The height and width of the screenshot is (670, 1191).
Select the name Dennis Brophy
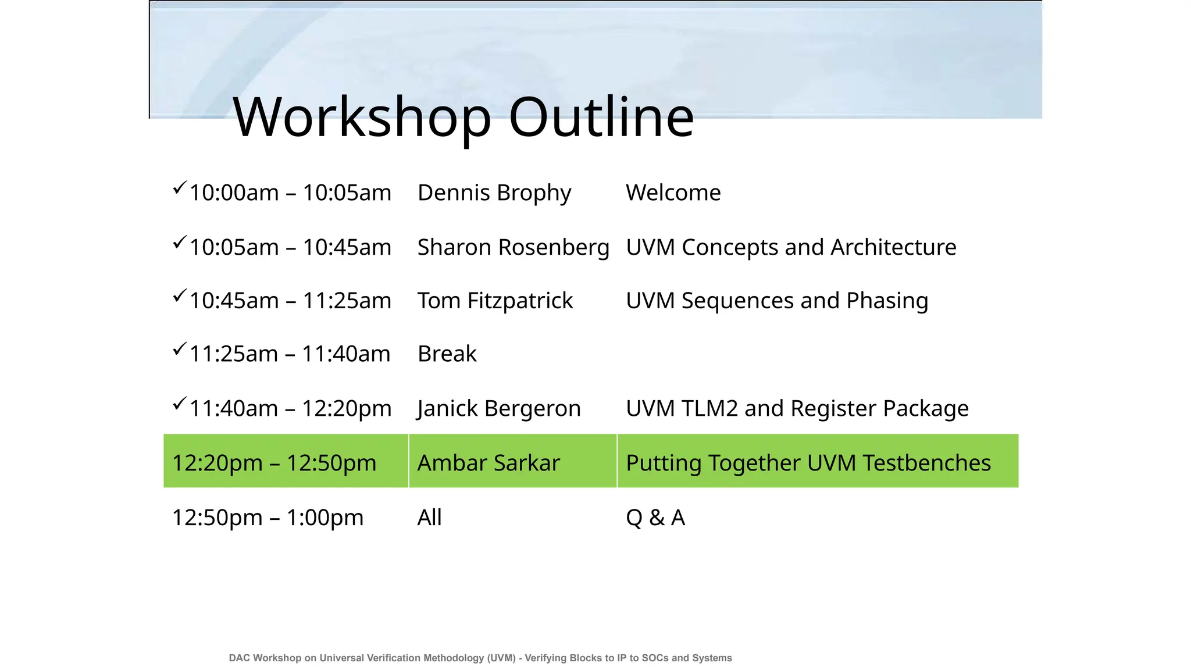[494, 193]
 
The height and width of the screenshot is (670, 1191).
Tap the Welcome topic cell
[673, 193]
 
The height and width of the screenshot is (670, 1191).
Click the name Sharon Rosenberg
[513, 248]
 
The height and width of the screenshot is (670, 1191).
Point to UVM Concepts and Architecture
[791, 248]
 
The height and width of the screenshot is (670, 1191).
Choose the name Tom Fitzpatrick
[495, 301]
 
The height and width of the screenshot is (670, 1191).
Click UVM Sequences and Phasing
[777, 301]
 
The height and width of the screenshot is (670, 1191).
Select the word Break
[447, 354]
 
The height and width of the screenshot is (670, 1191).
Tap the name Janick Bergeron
[499, 409]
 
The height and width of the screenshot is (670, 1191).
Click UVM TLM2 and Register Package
[797, 409]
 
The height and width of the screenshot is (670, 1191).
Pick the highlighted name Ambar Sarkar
[488, 464]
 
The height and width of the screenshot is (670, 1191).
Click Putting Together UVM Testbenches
[808, 464]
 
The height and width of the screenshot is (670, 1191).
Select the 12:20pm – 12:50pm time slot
[274, 464]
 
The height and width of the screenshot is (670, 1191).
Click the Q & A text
[655, 518]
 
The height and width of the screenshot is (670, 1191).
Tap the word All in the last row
[429, 518]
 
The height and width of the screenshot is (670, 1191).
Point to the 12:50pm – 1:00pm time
[268, 518]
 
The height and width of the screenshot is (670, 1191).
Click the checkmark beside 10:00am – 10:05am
[179, 188]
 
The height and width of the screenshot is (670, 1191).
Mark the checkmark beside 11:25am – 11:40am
[179, 349]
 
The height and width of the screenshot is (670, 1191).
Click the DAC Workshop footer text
[480, 658]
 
